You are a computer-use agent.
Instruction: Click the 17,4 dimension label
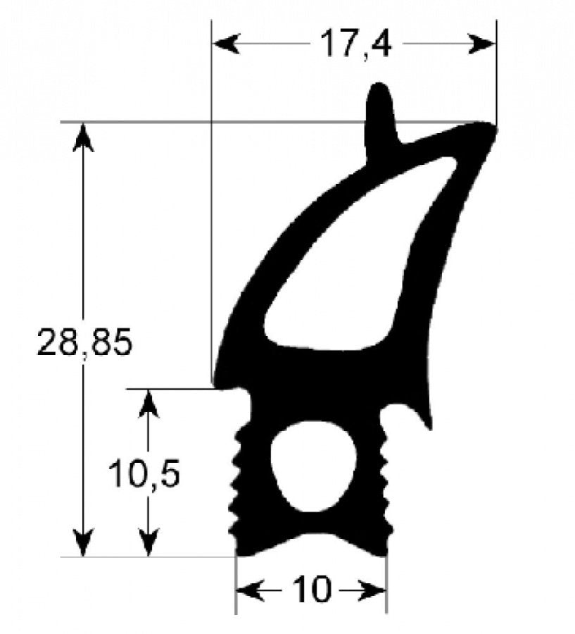click(x=355, y=44)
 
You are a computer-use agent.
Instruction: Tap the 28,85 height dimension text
click(x=84, y=342)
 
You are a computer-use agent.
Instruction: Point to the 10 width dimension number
click(x=311, y=589)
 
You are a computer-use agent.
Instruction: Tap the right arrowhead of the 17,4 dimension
click(x=481, y=44)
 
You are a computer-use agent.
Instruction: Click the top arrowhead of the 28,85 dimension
click(x=84, y=137)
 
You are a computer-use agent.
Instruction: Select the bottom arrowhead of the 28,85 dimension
click(x=84, y=542)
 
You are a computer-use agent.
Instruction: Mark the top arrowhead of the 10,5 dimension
click(x=149, y=404)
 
